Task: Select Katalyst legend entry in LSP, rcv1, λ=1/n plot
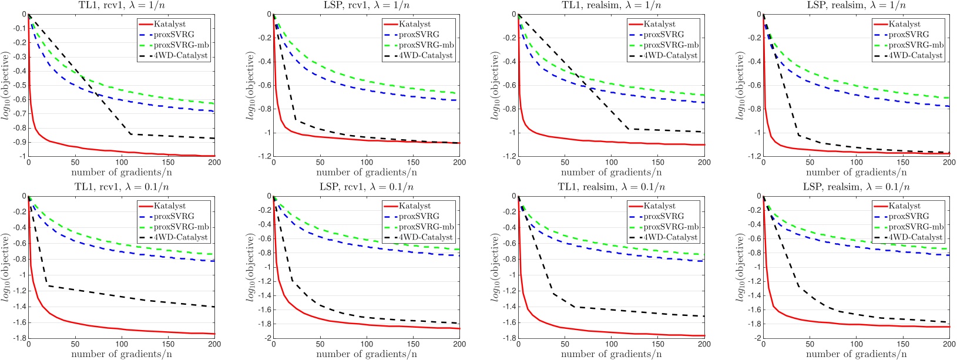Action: coord(415,24)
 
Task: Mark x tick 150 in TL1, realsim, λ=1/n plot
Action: coord(658,163)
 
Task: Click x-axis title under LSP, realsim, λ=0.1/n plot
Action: coord(856,354)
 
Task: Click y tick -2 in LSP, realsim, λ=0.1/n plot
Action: coord(755,338)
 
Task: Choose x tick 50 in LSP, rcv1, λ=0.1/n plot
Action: coord(320,344)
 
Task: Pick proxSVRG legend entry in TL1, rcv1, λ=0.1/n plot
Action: coord(174,216)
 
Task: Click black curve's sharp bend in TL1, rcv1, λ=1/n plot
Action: coord(130,134)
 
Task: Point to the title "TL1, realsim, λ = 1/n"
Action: coord(610,5)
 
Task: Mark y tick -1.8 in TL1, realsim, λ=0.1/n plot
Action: coord(507,338)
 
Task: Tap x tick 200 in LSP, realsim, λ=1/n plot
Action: coord(949,163)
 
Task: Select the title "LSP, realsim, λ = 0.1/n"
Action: coord(856,187)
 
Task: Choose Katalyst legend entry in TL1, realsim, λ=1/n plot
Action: coord(660,24)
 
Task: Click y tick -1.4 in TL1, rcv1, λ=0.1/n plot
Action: coord(17,307)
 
